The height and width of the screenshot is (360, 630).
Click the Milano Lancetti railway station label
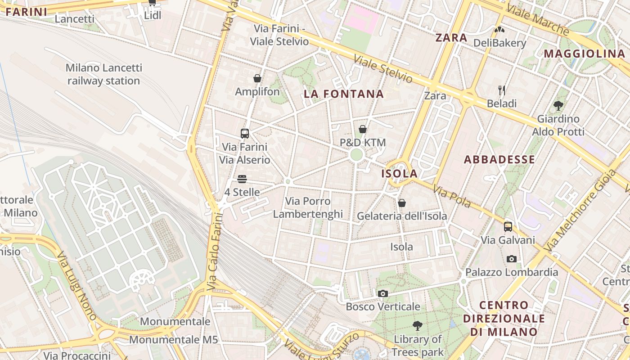pos(103,75)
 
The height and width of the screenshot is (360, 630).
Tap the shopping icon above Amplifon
pos(257,79)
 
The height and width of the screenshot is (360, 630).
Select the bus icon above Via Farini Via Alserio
pos(245,133)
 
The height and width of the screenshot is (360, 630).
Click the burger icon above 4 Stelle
pos(242,179)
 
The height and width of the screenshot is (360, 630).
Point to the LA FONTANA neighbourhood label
pos(344,94)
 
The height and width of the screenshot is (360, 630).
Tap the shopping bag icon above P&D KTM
pos(363,130)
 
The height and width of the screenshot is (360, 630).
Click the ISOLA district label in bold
pos(400,174)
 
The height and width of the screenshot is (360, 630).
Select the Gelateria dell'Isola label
pos(402,216)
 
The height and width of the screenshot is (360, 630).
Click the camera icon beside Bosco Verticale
pos(383,294)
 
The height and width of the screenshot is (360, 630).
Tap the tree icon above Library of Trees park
pos(418,325)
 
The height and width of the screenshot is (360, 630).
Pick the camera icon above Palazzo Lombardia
pos(512,259)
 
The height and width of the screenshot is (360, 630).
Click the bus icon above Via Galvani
pos(508,226)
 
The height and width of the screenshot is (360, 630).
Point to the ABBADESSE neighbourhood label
pos(499,159)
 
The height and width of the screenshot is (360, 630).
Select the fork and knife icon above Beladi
pos(502,90)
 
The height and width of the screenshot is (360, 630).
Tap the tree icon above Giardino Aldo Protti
pos(558,106)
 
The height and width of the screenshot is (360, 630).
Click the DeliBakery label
pos(499,43)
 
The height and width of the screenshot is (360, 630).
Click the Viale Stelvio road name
pos(382,69)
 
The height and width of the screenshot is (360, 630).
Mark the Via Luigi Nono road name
pos(77,286)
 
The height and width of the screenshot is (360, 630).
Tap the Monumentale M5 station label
pos(173,340)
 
